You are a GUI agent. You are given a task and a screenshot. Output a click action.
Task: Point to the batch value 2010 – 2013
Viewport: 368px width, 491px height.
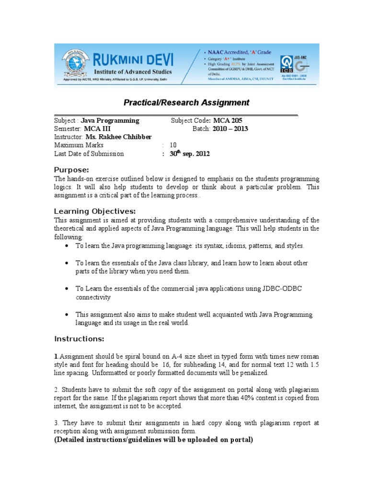tap(227, 129)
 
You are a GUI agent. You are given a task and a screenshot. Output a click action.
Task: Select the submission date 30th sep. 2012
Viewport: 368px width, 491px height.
tap(189, 153)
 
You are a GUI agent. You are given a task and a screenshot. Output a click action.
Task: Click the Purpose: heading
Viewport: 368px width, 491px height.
tap(71, 170)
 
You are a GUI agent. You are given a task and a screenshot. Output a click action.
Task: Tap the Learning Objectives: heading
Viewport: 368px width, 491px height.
tap(95, 211)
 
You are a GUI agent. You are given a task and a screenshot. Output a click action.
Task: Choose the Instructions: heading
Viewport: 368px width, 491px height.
tap(79, 339)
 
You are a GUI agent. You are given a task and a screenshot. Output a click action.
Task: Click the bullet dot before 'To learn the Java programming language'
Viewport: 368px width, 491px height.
tap(66, 246)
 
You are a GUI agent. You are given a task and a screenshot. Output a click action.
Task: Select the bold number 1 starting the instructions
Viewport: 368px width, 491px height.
tap(56, 356)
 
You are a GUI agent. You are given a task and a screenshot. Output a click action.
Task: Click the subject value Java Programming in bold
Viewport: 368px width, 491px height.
tap(110, 121)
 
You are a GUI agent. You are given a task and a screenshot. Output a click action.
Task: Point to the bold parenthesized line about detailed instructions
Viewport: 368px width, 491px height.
tap(153, 440)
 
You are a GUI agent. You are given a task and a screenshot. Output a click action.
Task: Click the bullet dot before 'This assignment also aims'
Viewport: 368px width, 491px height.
tap(66, 315)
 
